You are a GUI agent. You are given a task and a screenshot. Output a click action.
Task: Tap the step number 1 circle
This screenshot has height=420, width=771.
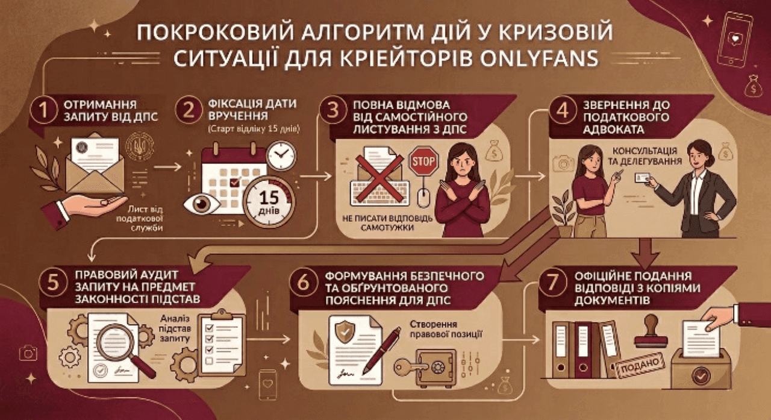tap(43, 110)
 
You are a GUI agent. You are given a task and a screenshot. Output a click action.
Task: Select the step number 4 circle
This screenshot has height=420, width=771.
tap(563, 110)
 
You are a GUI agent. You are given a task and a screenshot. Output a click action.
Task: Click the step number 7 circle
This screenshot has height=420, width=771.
tap(553, 281)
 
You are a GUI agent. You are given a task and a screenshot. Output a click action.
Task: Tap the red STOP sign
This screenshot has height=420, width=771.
tap(423, 161)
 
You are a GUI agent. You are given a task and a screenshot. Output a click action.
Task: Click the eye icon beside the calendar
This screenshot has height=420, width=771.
tap(202, 204)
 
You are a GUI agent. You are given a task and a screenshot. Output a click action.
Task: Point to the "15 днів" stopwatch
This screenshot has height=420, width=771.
tap(269, 202)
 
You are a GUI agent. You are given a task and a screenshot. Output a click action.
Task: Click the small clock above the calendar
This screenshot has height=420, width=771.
tap(281, 155)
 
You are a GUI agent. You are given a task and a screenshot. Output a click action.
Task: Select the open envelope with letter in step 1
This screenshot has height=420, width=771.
tap(95, 165)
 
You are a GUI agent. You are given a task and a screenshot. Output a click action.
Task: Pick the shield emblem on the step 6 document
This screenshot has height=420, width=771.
tap(345, 332)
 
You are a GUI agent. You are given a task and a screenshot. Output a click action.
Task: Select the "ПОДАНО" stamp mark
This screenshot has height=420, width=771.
tap(640, 365)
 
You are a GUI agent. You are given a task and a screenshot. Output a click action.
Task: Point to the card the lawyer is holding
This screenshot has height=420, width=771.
tap(642, 178)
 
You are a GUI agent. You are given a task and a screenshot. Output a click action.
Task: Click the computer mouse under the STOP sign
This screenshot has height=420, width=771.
tap(423, 199)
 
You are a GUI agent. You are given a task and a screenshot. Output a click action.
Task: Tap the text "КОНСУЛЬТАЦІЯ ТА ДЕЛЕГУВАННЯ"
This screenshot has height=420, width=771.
tap(645, 156)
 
